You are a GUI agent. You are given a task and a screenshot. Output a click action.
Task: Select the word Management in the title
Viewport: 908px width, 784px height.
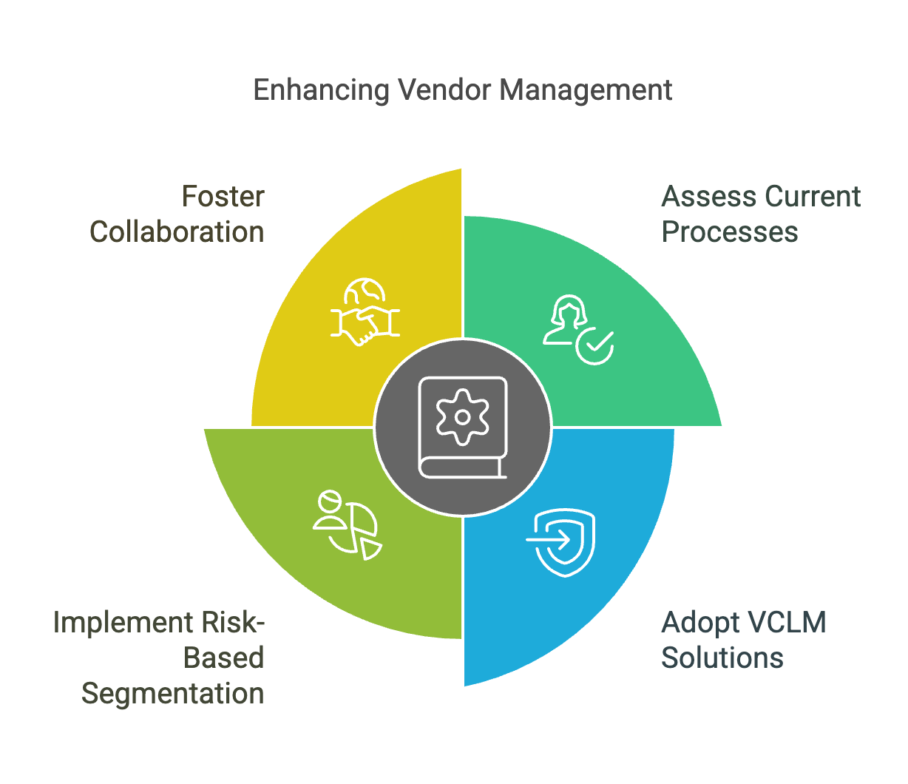(x=586, y=90)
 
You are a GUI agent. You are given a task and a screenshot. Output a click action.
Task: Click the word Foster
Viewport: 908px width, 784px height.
(x=223, y=197)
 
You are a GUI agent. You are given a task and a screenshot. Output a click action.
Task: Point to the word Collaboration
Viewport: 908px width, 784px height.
(x=177, y=232)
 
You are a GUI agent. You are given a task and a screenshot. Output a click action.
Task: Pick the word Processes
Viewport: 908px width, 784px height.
(x=729, y=232)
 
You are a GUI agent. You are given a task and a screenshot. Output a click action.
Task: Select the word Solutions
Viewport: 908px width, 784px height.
(x=722, y=658)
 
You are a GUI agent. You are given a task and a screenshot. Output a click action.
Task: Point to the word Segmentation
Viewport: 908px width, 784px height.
(x=172, y=694)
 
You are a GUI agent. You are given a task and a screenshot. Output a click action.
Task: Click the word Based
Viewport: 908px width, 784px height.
(x=223, y=658)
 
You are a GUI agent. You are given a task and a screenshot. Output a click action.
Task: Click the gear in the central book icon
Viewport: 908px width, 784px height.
(x=462, y=417)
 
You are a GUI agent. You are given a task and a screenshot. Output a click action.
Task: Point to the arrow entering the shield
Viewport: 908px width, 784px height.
(x=548, y=539)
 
